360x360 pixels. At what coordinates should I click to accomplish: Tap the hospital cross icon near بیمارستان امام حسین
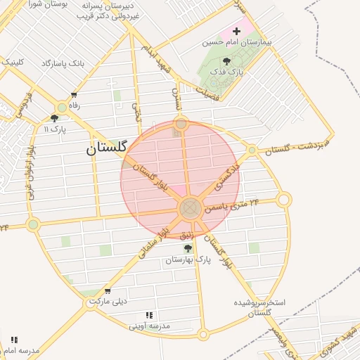pos(236,31)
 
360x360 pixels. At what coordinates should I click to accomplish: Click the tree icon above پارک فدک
pos(226,61)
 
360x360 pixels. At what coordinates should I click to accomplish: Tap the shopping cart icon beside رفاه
pos(74,95)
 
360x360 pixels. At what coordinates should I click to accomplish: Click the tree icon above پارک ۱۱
pos(54,118)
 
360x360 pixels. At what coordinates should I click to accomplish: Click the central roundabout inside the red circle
pos(190,208)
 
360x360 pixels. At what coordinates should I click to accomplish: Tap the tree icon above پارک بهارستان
pos(188,248)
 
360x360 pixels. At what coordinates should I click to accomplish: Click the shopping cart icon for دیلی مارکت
pos(107,291)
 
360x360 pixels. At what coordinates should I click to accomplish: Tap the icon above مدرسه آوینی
pos(148,316)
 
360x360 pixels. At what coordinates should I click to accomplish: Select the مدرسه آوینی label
pos(149,326)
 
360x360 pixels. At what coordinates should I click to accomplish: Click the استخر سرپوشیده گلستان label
pos(259,307)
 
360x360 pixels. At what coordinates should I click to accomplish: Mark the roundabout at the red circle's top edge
pos(181,123)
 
